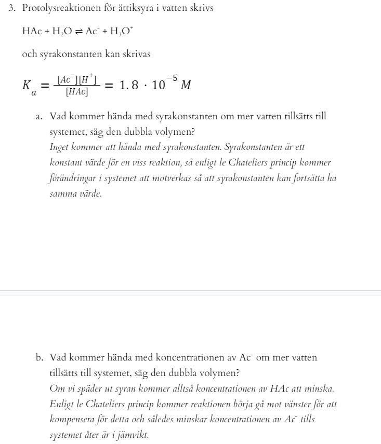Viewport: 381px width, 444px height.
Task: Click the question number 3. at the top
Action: (x=12, y=9)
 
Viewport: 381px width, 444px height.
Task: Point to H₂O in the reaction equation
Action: (x=62, y=32)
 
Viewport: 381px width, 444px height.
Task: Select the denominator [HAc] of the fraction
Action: (x=76, y=92)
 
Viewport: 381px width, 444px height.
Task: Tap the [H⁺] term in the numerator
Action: (x=87, y=79)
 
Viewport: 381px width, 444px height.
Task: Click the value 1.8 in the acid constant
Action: (x=129, y=86)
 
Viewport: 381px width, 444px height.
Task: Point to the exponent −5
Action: (x=172, y=79)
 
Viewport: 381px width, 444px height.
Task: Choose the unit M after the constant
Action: (x=186, y=86)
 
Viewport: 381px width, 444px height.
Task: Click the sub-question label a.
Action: (x=39, y=116)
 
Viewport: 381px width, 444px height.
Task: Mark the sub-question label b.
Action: (x=39, y=357)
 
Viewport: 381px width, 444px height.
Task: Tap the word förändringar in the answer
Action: (x=74, y=178)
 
